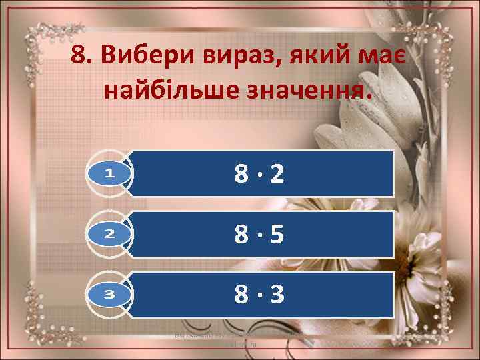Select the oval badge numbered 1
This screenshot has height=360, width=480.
(x=110, y=173)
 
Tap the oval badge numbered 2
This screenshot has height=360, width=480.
(x=110, y=233)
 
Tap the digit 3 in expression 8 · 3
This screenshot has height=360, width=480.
(x=277, y=293)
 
